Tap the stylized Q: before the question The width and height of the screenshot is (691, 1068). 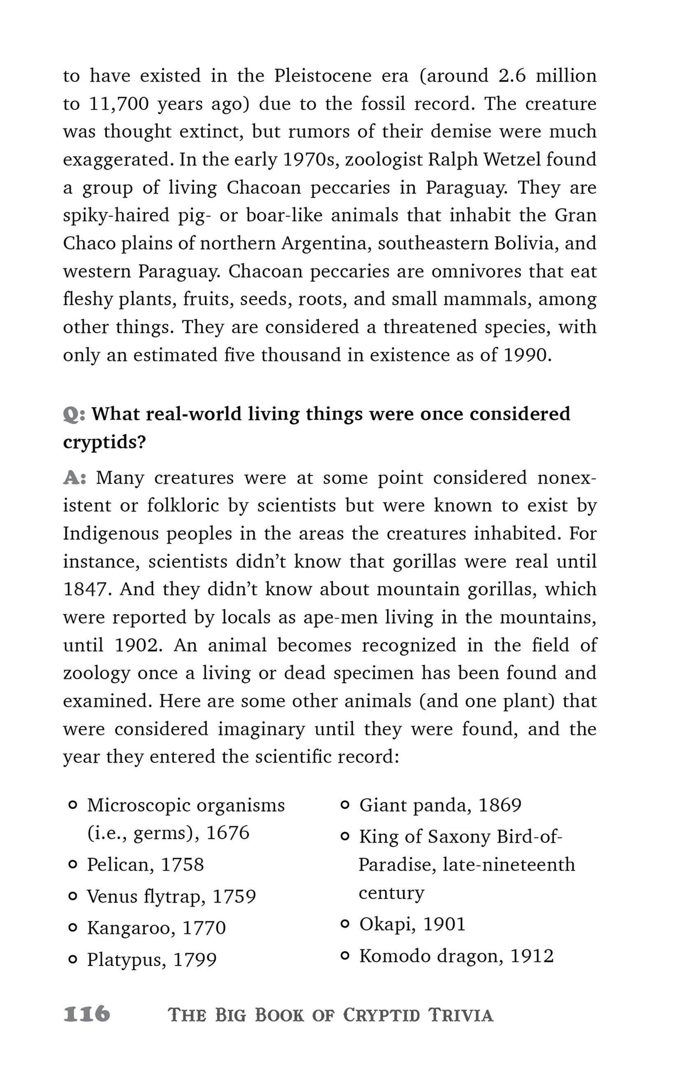click(74, 414)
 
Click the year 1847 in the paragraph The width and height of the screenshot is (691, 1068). click(87, 589)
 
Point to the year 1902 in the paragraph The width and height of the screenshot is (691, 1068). click(136, 645)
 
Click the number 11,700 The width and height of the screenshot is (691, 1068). click(119, 104)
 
